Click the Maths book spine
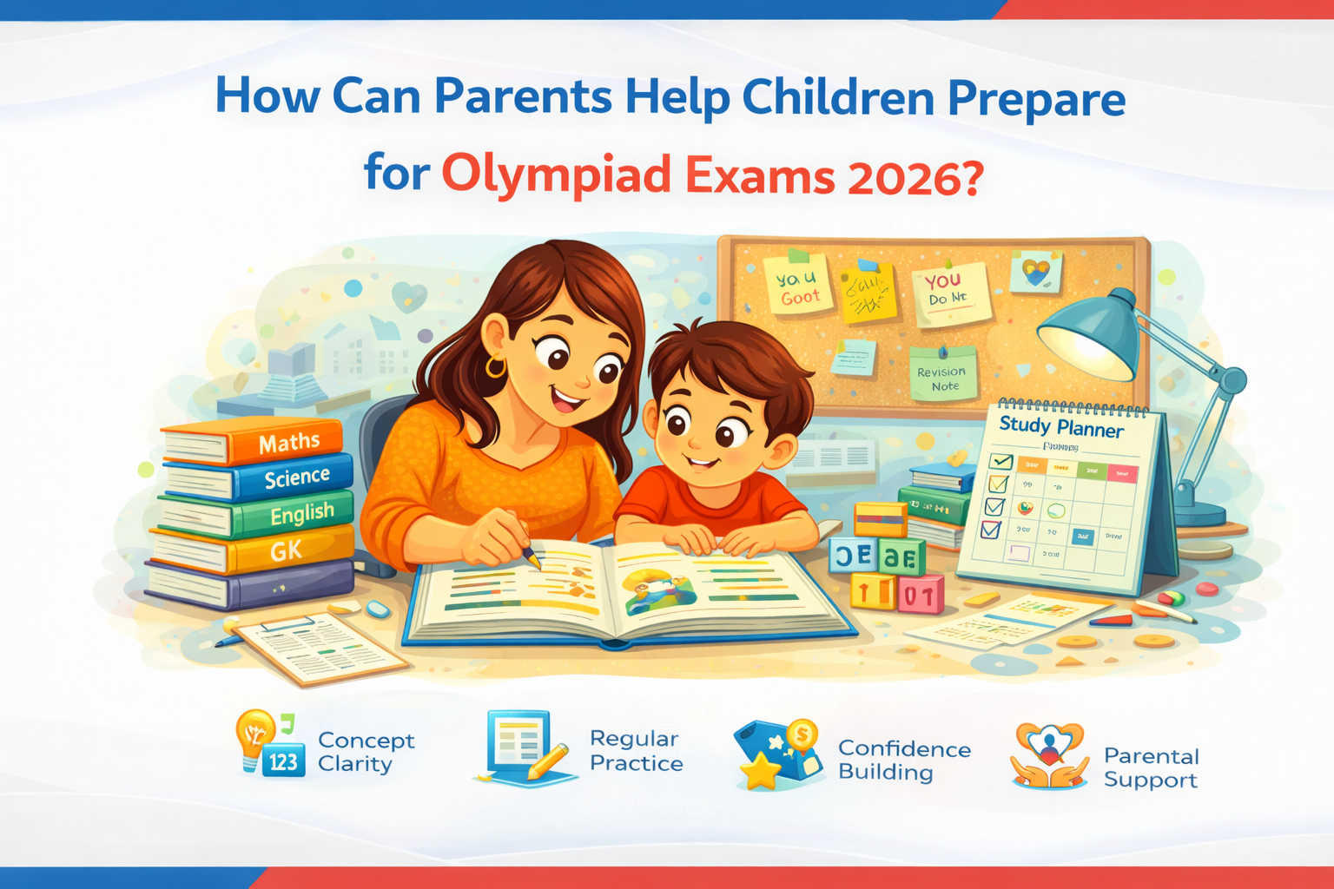[x=287, y=444]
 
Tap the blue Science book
[x=296, y=477]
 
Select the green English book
[x=300, y=514]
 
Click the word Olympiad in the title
[x=556, y=174]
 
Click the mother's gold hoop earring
[x=496, y=366]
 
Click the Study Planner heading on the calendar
[x=1060, y=426]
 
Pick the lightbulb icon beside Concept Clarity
[x=254, y=734]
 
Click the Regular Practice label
[x=636, y=751]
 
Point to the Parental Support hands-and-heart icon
[x=1049, y=755]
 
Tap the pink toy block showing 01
[x=921, y=596]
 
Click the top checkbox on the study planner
[x=1001, y=462]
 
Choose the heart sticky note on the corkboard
[x=1036, y=273]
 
